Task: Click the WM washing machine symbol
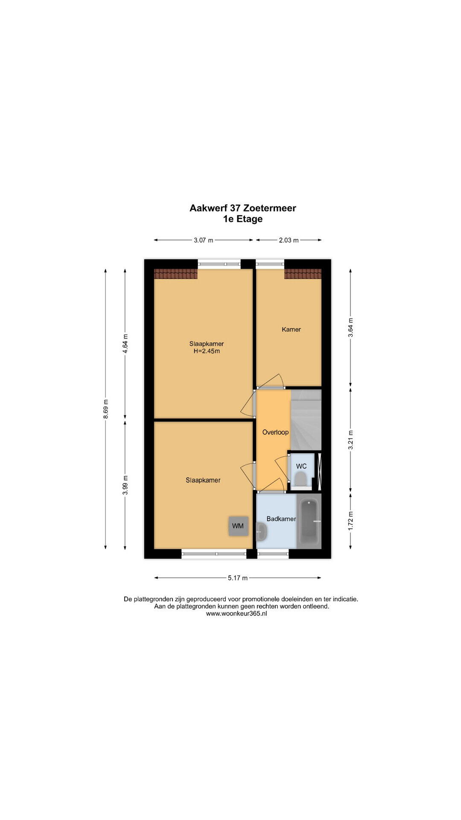coord(238,526)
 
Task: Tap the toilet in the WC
coord(301,479)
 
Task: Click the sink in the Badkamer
coord(262,532)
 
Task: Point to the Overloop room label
coord(275,432)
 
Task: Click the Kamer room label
coord(291,329)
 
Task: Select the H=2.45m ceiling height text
coord(207,351)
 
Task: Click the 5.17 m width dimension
coord(238,578)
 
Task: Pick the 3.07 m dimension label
coord(203,240)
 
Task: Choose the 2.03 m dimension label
coord(289,240)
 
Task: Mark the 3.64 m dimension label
coord(350,328)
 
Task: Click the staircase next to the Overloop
coord(306,420)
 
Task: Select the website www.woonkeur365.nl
coord(236,614)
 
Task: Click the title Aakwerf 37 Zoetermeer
coord(243,208)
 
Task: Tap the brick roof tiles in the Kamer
coord(303,274)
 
